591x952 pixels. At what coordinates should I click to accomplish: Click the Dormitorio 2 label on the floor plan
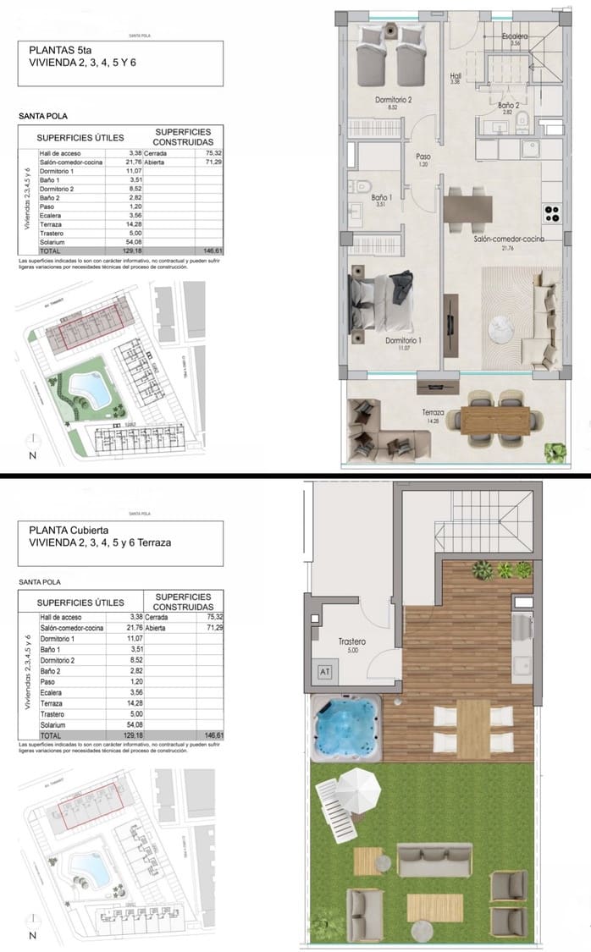click(393, 100)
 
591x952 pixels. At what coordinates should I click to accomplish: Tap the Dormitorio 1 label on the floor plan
click(403, 340)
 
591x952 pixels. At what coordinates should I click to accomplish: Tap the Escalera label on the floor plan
click(515, 36)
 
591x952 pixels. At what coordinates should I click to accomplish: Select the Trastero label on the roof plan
click(351, 642)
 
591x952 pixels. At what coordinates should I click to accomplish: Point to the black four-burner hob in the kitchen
click(552, 212)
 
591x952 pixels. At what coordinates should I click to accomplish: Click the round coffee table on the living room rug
click(505, 322)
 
